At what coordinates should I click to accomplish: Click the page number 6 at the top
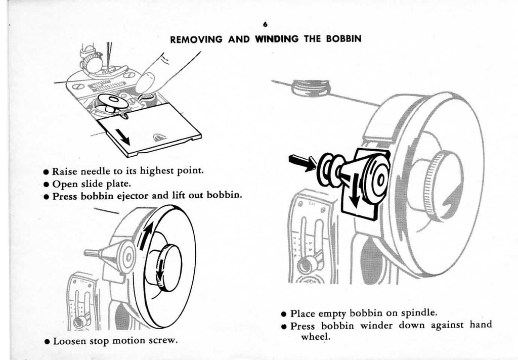click(265, 24)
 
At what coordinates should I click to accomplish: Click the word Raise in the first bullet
click(64, 171)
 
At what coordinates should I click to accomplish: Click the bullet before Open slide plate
click(46, 184)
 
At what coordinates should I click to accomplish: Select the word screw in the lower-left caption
click(165, 341)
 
